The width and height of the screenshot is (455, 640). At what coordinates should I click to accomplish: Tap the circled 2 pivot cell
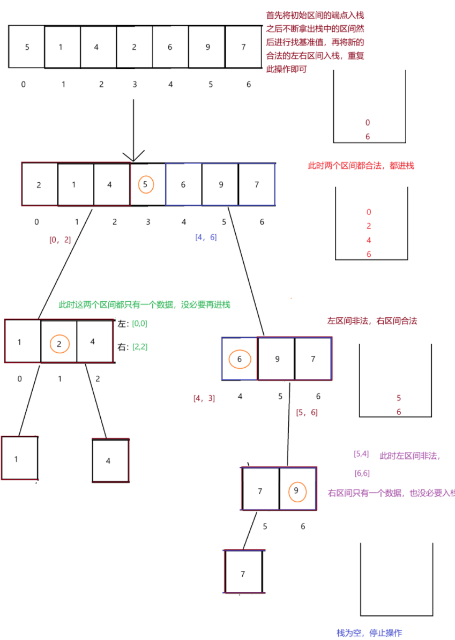coord(59,344)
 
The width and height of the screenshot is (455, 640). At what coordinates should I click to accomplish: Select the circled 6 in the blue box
coord(240,359)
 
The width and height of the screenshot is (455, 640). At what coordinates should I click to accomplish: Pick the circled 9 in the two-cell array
coord(296,490)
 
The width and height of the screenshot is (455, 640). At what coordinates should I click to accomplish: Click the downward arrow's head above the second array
coord(133,156)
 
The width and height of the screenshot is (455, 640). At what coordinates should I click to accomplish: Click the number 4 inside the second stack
coord(369,241)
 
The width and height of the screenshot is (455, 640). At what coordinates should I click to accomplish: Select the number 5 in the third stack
coord(399,398)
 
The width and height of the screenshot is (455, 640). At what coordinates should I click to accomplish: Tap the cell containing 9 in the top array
coord(207,47)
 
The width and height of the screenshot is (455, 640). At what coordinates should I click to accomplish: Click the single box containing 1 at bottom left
coord(20,458)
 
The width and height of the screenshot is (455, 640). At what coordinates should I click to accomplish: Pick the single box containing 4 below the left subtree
coord(110,460)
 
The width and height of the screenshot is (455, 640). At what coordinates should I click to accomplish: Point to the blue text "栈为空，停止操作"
coord(369,633)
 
